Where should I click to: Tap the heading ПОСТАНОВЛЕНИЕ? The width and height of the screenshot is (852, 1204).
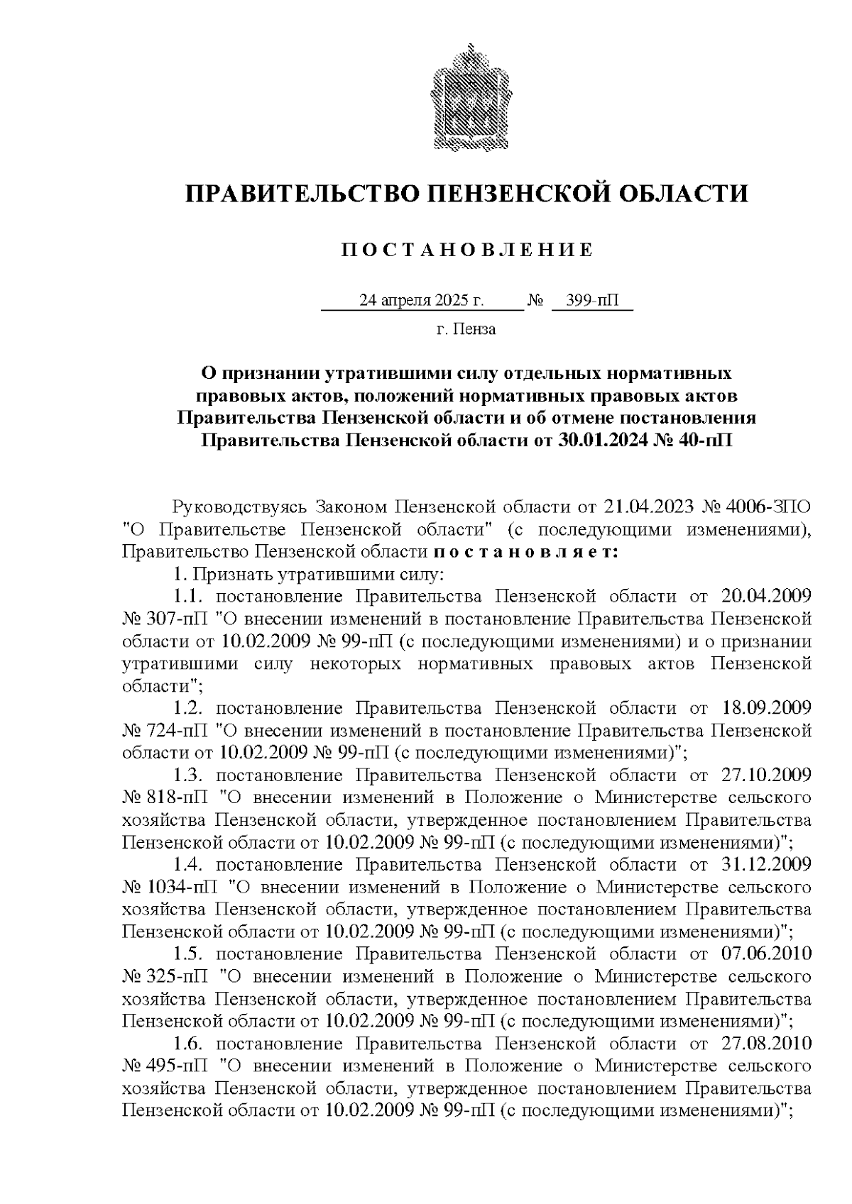467,250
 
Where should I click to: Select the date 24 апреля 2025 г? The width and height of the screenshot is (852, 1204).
422,301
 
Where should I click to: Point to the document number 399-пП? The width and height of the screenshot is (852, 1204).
592,301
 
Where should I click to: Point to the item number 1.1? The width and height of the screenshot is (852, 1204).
189,596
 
